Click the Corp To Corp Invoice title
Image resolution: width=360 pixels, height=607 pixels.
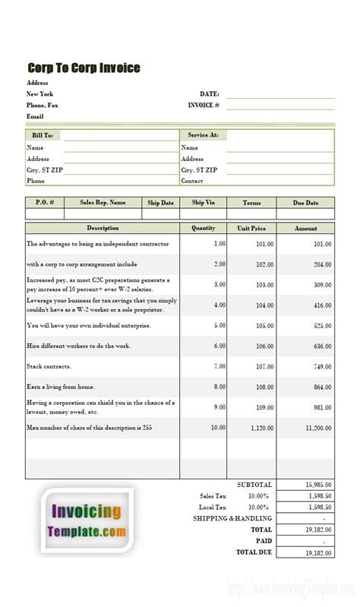click(x=84, y=68)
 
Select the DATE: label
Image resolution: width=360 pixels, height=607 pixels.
click(x=210, y=93)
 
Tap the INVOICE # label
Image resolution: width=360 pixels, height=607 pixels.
click(x=204, y=105)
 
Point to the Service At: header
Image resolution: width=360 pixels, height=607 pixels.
click(x=203, y=135)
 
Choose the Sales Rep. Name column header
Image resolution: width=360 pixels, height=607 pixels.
click(x=103, y=203)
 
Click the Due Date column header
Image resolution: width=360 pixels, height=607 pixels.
click(x=305, y=203)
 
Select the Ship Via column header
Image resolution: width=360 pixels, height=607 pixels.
click(x=204, y=203)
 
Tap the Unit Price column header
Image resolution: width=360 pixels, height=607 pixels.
click(x=251, y=228)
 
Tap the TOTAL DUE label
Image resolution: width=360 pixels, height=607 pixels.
click(x=254, y=552)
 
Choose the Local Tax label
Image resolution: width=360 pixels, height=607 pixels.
click(x=213, y=507)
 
